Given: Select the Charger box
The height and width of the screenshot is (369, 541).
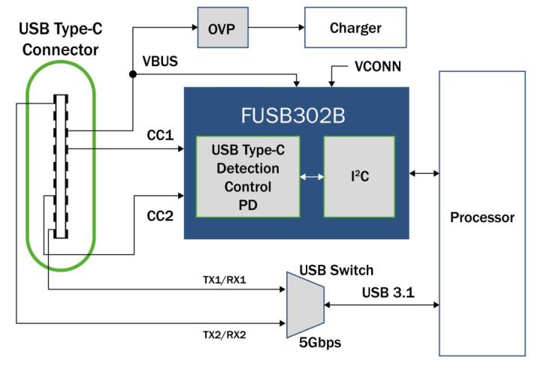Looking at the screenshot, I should click(355, 28).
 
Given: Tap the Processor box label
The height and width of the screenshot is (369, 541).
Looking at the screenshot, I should click(482, 217).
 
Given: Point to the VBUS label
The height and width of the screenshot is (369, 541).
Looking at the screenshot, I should click(161, 60).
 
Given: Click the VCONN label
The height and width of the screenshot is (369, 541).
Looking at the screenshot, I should click(378, 67).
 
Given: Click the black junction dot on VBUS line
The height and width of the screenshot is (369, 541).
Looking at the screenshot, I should click(132, 74).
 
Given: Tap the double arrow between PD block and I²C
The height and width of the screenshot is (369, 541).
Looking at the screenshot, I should click(310, 177).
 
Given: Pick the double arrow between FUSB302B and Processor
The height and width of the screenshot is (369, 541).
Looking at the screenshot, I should click(425, 173).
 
